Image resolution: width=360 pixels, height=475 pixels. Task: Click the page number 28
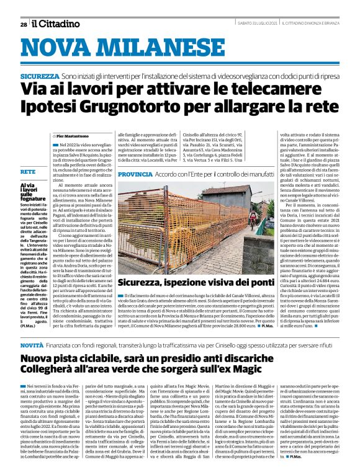tap(22, 24)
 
